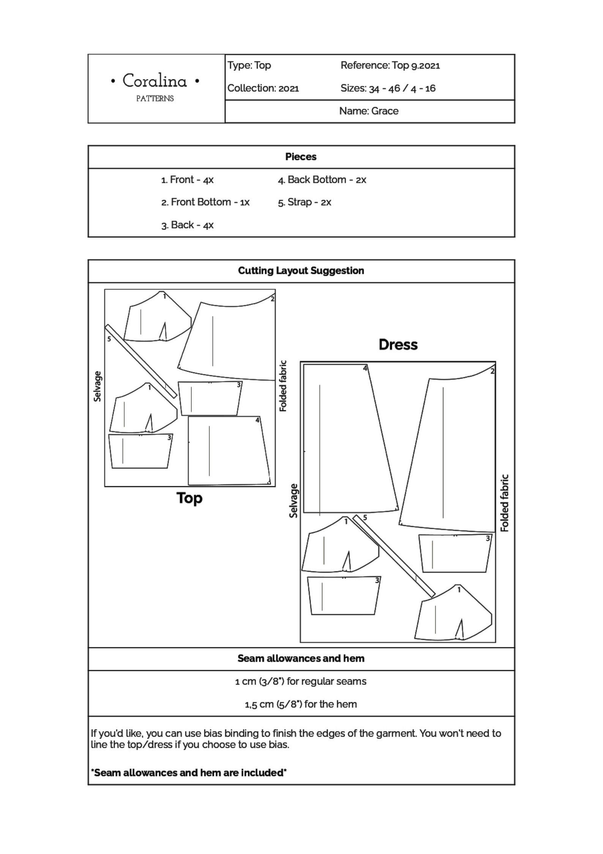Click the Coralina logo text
coord(155,81)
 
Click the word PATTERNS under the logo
coord(155,99)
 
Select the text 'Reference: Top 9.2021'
coord(390,65)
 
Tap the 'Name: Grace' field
coord(369,111)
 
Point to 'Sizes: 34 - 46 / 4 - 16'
coord(388,88)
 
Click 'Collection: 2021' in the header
coord(263,88)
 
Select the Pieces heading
coord(301,157)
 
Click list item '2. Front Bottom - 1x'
coord(205,202)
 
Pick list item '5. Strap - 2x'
coord(304,202)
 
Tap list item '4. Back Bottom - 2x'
coord(322,180)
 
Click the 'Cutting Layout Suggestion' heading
coord(301,270)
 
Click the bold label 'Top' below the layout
coord(189,498)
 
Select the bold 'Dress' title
coord(398,345)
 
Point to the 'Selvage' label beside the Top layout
coord(98,386)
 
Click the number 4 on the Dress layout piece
coord(365,368)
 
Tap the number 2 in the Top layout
coord(272,299)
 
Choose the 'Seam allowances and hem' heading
coord(301,658)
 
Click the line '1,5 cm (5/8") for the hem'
coord(301,704)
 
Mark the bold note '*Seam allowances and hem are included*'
coord(188,772)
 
